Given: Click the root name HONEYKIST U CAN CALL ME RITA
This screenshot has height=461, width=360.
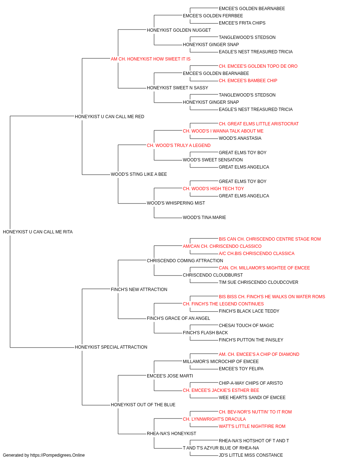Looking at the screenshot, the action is pyautogui.click(x=38, y=232).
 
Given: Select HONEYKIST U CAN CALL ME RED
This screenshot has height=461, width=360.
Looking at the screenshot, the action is pyautogui.click(x=109, y=117).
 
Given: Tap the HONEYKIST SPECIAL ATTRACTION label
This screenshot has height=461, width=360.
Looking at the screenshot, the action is pyautogui.click(x=111, y=347).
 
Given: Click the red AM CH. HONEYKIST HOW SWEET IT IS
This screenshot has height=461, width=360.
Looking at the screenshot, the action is pyautogui.click(x=150, y=59).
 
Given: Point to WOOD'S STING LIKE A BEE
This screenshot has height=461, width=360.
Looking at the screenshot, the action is pyautogui.click(x=139, y=174).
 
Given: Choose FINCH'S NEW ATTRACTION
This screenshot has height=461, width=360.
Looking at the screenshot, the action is pyautogui.click(x=139, y=289).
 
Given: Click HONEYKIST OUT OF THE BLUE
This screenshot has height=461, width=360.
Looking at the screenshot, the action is pyautogui.click(x=143, y=405).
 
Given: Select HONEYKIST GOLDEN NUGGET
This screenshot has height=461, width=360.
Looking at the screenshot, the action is pyautogui.click(x=179, y=30).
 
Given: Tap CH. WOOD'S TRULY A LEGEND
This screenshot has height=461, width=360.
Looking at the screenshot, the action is pyautogui.click(x=179, y=145).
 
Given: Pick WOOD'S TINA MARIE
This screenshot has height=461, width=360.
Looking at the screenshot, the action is pyautogui.click(x=204, y=218).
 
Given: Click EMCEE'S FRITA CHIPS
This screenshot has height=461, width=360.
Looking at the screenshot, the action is pyautogui.click(x=242, y=23).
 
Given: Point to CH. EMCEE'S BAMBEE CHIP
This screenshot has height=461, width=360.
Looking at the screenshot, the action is pyautogui.click(x=248, y=81).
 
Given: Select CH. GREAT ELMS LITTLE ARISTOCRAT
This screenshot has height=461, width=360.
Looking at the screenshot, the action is pyautogui.click(x=258, y=124).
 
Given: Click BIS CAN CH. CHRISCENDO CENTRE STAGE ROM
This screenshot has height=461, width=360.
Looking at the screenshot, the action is pyautogui.click(x=270, y=239).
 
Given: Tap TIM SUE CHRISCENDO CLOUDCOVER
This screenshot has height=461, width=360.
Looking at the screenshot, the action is pyautogui.click(x=258, y=282).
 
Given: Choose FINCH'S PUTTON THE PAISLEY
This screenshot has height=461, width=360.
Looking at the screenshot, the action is pyautogui.click(x=251, y=340).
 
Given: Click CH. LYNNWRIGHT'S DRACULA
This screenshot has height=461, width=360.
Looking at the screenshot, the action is pyautogui.click(x=214, y=419).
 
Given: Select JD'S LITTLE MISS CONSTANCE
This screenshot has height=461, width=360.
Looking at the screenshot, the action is pyautogui.click(x=251, y=455).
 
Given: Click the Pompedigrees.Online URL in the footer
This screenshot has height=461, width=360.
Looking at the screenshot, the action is pyautogui.click(x=58, y=455).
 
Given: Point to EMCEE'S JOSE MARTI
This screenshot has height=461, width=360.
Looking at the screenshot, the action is pyautogui.click(x=170, y=376).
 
